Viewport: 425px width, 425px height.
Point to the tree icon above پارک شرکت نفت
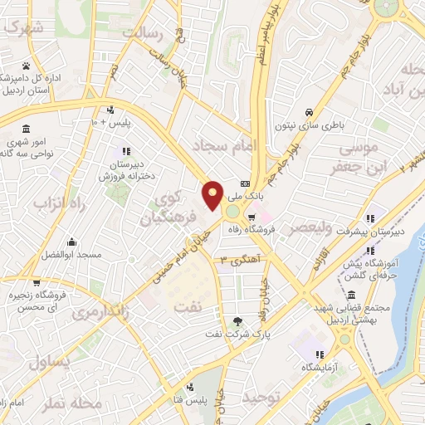239,320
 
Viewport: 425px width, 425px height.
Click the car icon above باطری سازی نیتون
309,112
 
